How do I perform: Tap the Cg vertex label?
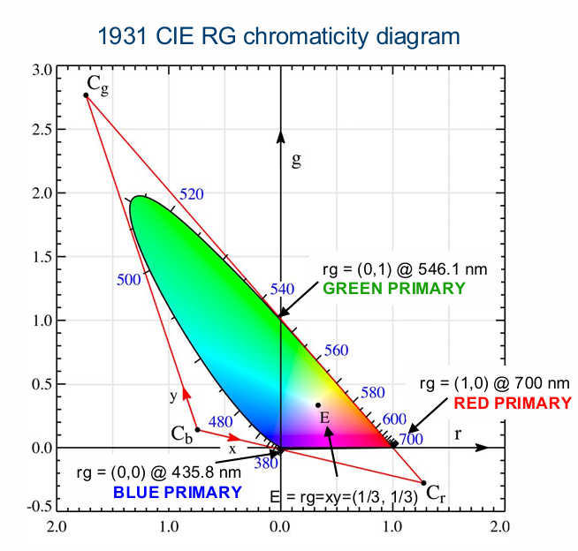point(97,84)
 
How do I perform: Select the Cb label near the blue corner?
point(182,434)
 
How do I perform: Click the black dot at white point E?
point(318,405)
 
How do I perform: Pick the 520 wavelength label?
point(192,194)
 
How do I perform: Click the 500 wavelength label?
point(129,279)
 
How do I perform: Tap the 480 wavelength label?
point(220,422)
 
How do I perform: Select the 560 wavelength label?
point(337,351)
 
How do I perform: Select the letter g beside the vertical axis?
point(297,160)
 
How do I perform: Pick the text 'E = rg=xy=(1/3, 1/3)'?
point(343,496)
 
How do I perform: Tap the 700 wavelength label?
point(411,438)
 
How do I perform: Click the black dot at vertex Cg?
point(86,94)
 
